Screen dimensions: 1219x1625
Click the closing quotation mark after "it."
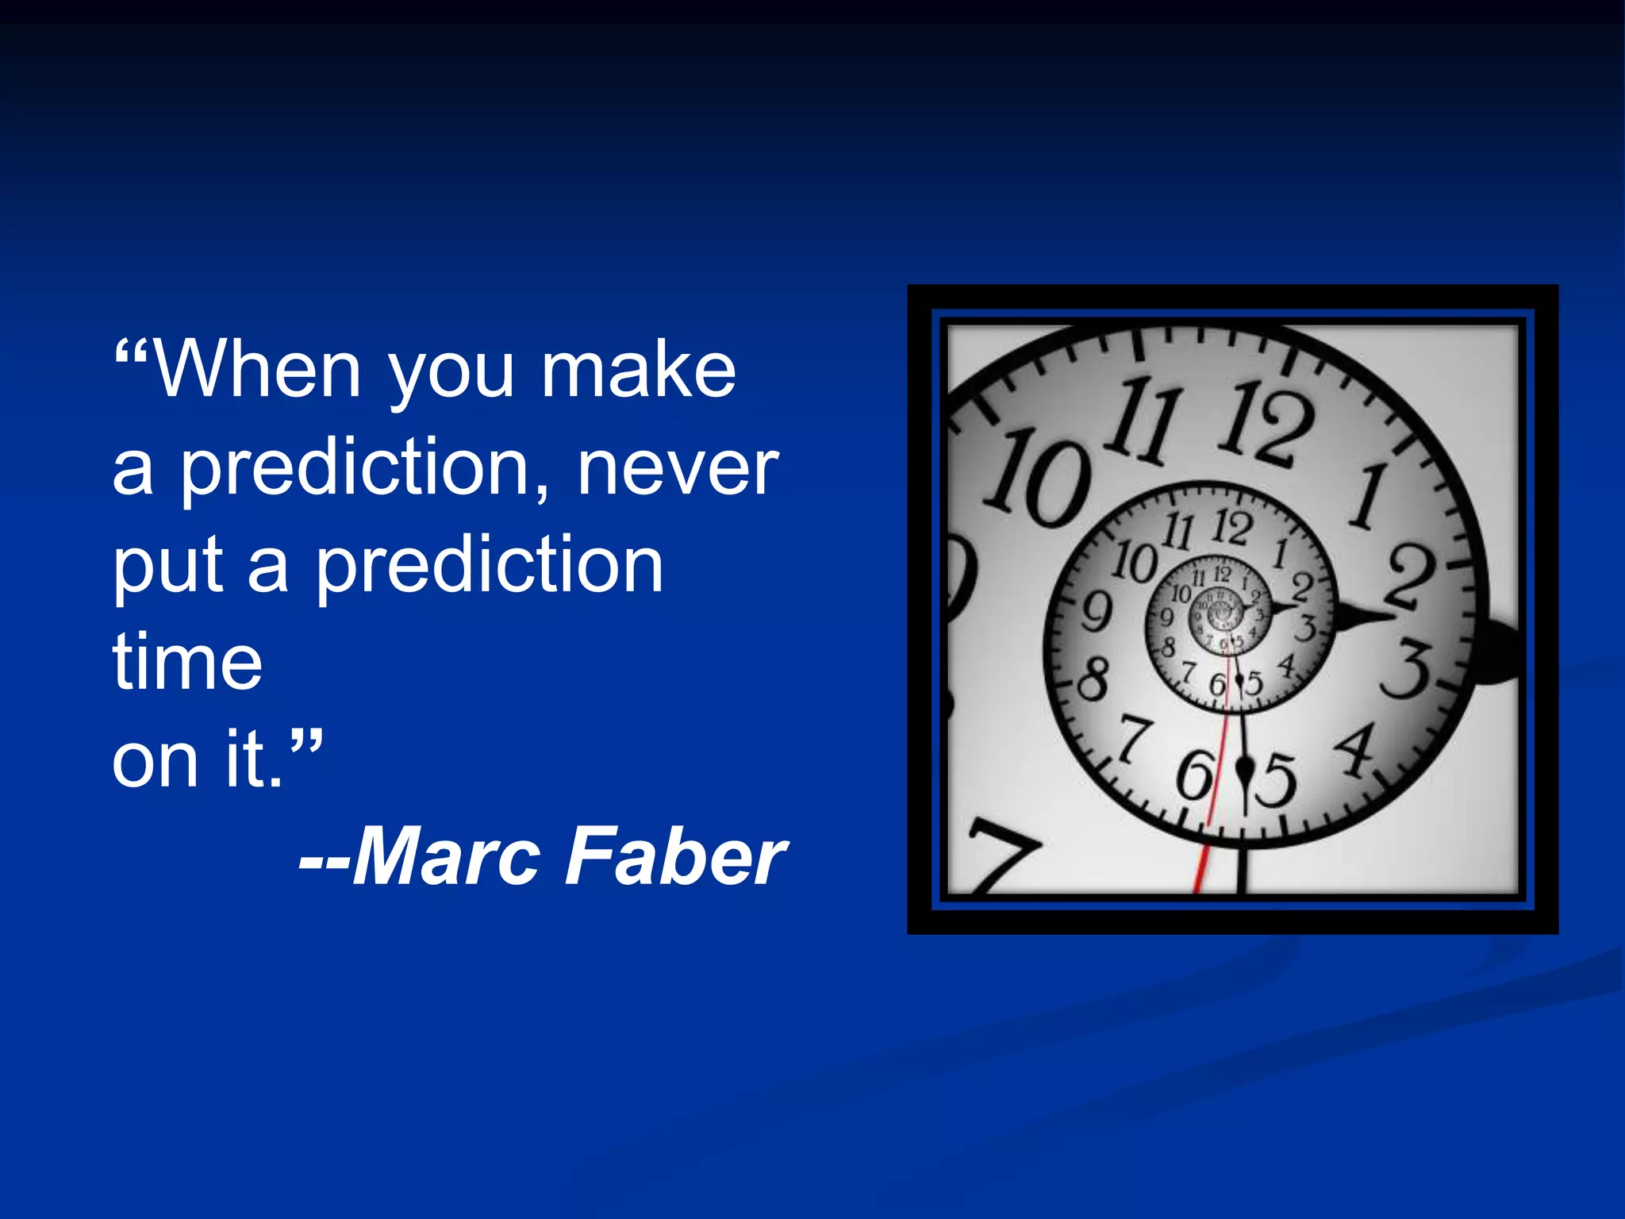coord(305,744)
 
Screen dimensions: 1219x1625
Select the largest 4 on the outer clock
coord(1358,749)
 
